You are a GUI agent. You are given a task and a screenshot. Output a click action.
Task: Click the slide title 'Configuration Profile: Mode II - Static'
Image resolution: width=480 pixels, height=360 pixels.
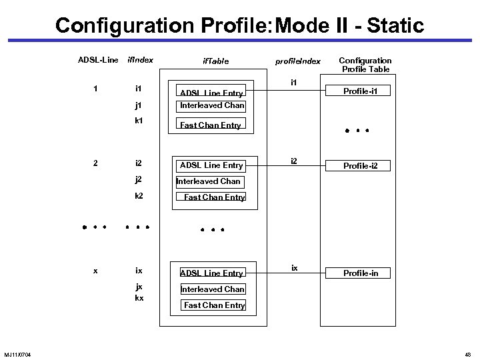tap(239, 25)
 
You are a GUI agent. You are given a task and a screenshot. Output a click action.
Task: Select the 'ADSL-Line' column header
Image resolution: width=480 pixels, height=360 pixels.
tap(98, 60)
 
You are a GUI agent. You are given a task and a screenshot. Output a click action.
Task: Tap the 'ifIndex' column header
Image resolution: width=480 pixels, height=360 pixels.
tap(140, 60)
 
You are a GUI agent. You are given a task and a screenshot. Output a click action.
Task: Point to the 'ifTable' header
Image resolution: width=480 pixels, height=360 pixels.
tap(215, 61)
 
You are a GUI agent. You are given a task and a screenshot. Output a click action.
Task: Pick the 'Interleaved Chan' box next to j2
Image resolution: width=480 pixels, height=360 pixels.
tap(208, 181)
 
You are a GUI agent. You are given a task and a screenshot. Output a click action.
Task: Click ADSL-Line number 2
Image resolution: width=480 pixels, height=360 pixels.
tap(97, 163)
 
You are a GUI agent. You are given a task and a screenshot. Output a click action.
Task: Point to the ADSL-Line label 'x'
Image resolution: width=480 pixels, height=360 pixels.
tap(97, 271)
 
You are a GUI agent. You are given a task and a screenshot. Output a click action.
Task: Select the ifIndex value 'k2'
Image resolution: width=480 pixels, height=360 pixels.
tap(139, 196)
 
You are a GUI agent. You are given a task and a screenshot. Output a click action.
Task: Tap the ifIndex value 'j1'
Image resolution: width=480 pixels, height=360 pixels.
tap(138, 105)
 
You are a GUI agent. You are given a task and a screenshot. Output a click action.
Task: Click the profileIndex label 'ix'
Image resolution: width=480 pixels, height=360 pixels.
tap(294, 268)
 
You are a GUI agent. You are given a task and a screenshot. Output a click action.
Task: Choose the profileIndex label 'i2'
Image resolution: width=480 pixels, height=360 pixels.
tap(293, 161)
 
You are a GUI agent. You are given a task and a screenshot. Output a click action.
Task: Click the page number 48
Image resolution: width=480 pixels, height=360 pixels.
tap(468, 353)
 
